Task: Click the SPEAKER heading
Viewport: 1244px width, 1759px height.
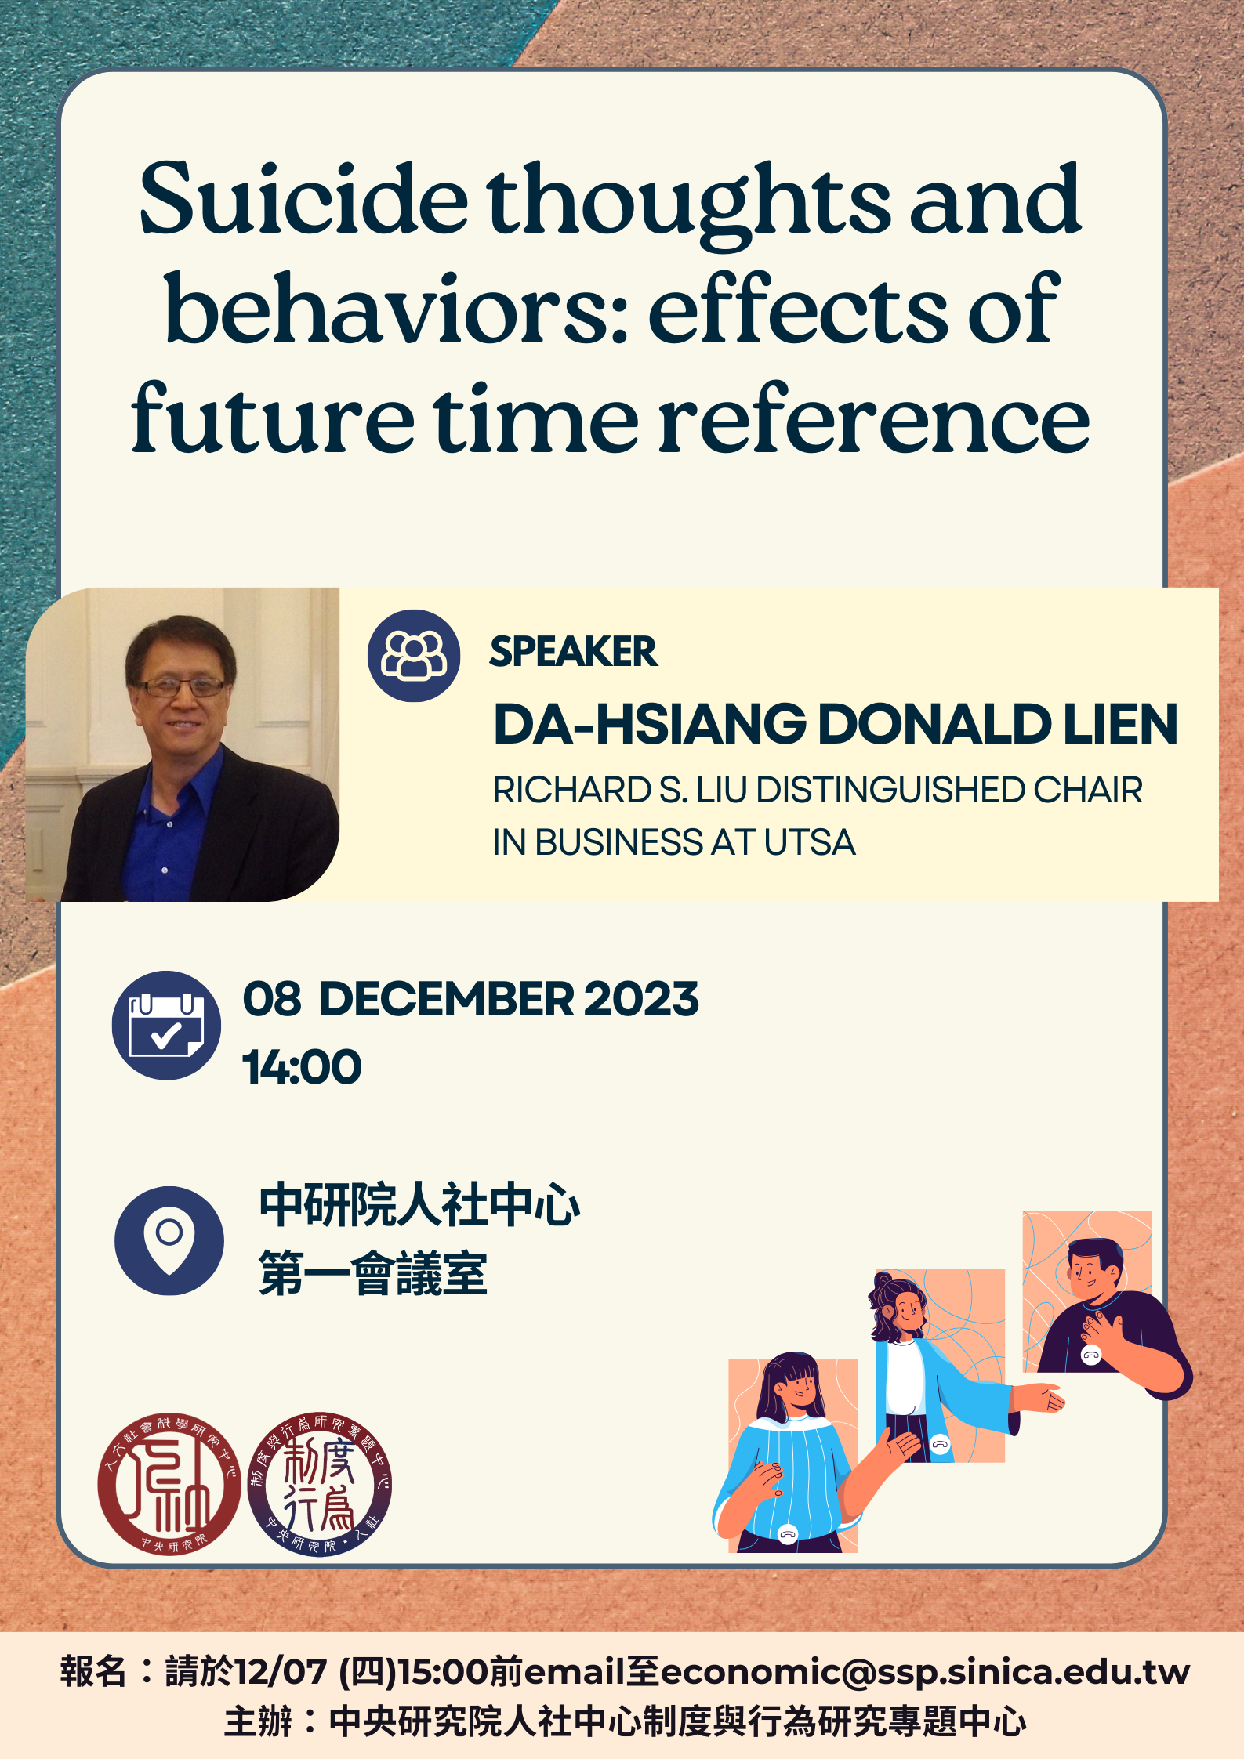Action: pos(573,652)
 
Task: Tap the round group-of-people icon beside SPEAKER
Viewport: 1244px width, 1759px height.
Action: pos(414,656)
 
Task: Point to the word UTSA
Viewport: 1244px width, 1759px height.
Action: pos(809,843)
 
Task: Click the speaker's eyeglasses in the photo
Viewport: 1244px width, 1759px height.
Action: pos(181,687)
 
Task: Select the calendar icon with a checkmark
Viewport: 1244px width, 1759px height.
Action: pos(166,1025)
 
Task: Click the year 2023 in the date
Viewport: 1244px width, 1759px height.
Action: pos(640,1000)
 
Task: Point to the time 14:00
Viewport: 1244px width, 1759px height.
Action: pos(302,1067)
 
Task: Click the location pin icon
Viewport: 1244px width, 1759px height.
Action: pos(169,1240)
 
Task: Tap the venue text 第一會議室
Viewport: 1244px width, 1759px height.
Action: pos(373,1273)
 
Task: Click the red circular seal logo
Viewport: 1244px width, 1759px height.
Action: pos(169,1484)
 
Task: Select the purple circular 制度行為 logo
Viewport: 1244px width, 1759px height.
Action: pos(319,1484)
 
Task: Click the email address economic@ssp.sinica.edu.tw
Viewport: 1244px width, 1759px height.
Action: pos(925,1672)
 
